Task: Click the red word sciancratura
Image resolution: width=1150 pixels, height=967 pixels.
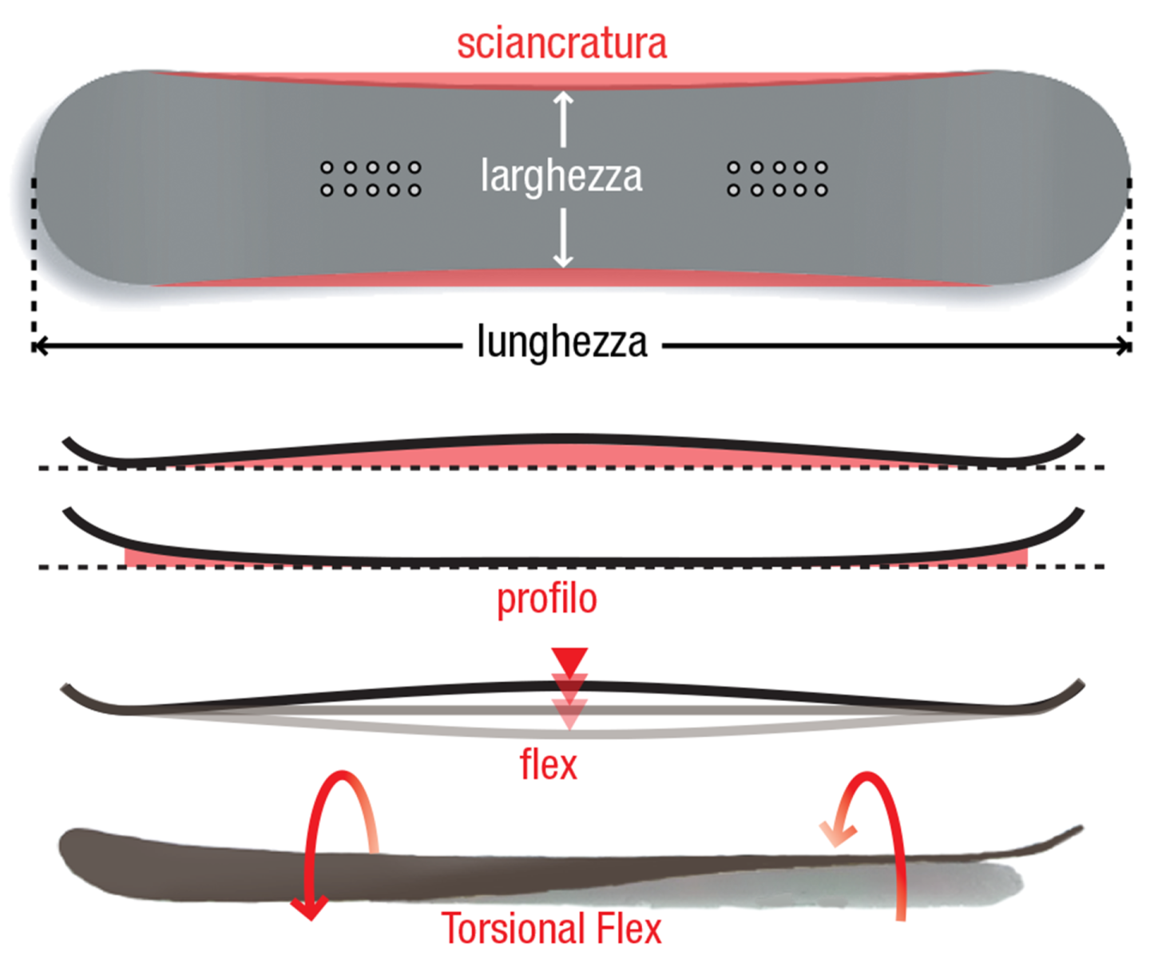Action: tap(561, 44)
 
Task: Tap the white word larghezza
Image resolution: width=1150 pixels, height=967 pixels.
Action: tap(561, 176)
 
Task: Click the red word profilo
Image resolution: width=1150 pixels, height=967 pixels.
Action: tap(547, 600)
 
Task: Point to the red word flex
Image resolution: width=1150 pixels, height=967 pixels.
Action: tap(549, 765)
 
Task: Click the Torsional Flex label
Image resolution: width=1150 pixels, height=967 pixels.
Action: tap(552, 929)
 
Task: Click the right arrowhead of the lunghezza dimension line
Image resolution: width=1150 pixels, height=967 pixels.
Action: tap(1124, 346)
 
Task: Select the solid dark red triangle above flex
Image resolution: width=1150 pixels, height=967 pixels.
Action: tap(569, 661)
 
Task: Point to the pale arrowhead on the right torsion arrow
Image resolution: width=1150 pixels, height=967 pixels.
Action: tap(837, 834)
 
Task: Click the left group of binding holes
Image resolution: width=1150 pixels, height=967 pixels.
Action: tap(371, 179)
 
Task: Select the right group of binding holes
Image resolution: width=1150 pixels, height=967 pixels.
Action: tap(777, 179)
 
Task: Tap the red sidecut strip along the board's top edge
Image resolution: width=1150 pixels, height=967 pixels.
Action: tap(561, 81)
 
